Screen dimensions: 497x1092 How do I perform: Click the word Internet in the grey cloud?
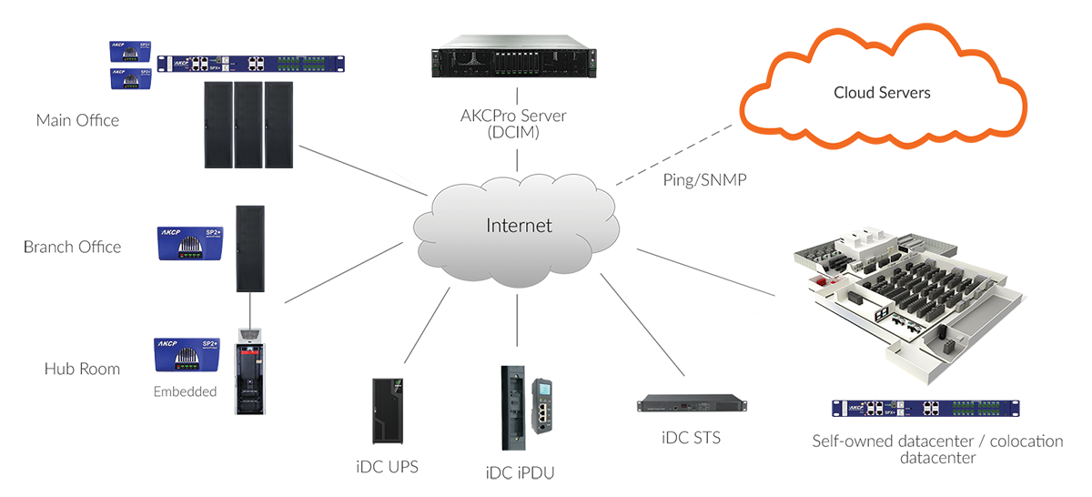click(x=519, y=226)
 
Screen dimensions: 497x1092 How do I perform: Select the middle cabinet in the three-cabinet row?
click(x=247, y=137)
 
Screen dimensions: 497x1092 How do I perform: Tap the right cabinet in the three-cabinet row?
click(x=278, y=137)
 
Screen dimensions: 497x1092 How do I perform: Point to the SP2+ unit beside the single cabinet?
click(x=188, y=240)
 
